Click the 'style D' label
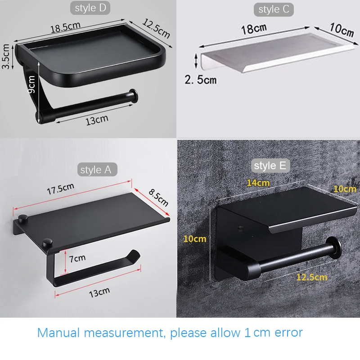point(91,8)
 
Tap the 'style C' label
point(274,10)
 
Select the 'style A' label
point(95,170)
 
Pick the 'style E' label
point(270,166)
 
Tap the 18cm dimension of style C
point(254,29)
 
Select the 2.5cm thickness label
point(200,80)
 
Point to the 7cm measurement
point(77,258)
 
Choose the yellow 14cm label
point(258,183)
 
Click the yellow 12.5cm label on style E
point(311,276)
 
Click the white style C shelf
point(270,52)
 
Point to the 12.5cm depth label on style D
point(157,28)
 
